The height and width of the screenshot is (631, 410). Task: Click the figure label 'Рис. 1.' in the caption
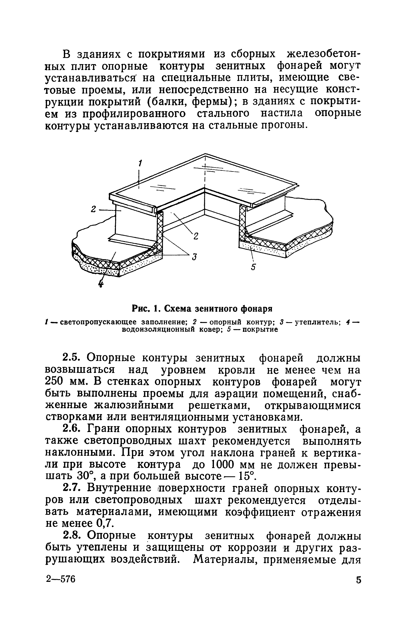click(145, 309)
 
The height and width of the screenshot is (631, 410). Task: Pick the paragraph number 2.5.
click(71, 358)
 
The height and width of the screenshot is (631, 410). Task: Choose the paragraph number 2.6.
click(71, 429)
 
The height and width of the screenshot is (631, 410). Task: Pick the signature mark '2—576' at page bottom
click(60, 579)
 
